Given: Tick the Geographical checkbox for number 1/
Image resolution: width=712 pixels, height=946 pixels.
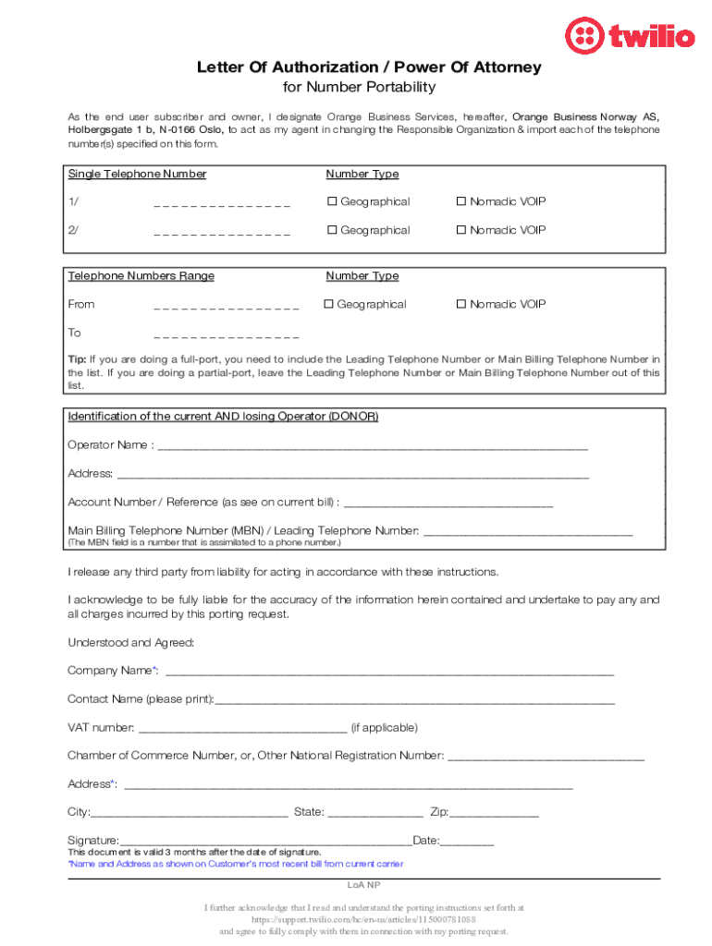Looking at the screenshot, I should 331,202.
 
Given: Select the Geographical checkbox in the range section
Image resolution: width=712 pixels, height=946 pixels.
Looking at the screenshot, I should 328,304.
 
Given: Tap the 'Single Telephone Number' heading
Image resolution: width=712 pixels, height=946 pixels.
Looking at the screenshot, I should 137,174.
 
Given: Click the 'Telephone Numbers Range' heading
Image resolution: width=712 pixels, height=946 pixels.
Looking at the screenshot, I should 141,275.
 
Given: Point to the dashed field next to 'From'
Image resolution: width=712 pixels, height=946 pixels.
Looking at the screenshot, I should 227,306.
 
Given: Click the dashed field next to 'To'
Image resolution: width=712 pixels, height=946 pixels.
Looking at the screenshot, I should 227,334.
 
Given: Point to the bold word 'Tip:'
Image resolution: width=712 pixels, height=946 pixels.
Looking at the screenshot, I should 78,358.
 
